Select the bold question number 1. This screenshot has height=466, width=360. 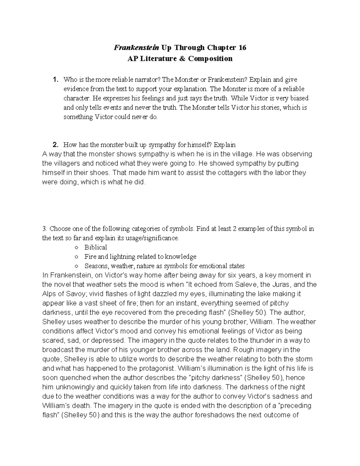(x=55, y=80)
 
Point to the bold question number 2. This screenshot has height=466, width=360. (x=55, y=145)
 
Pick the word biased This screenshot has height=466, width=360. (x=298, y=98)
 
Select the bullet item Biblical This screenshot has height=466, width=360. (x=95, y=248)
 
